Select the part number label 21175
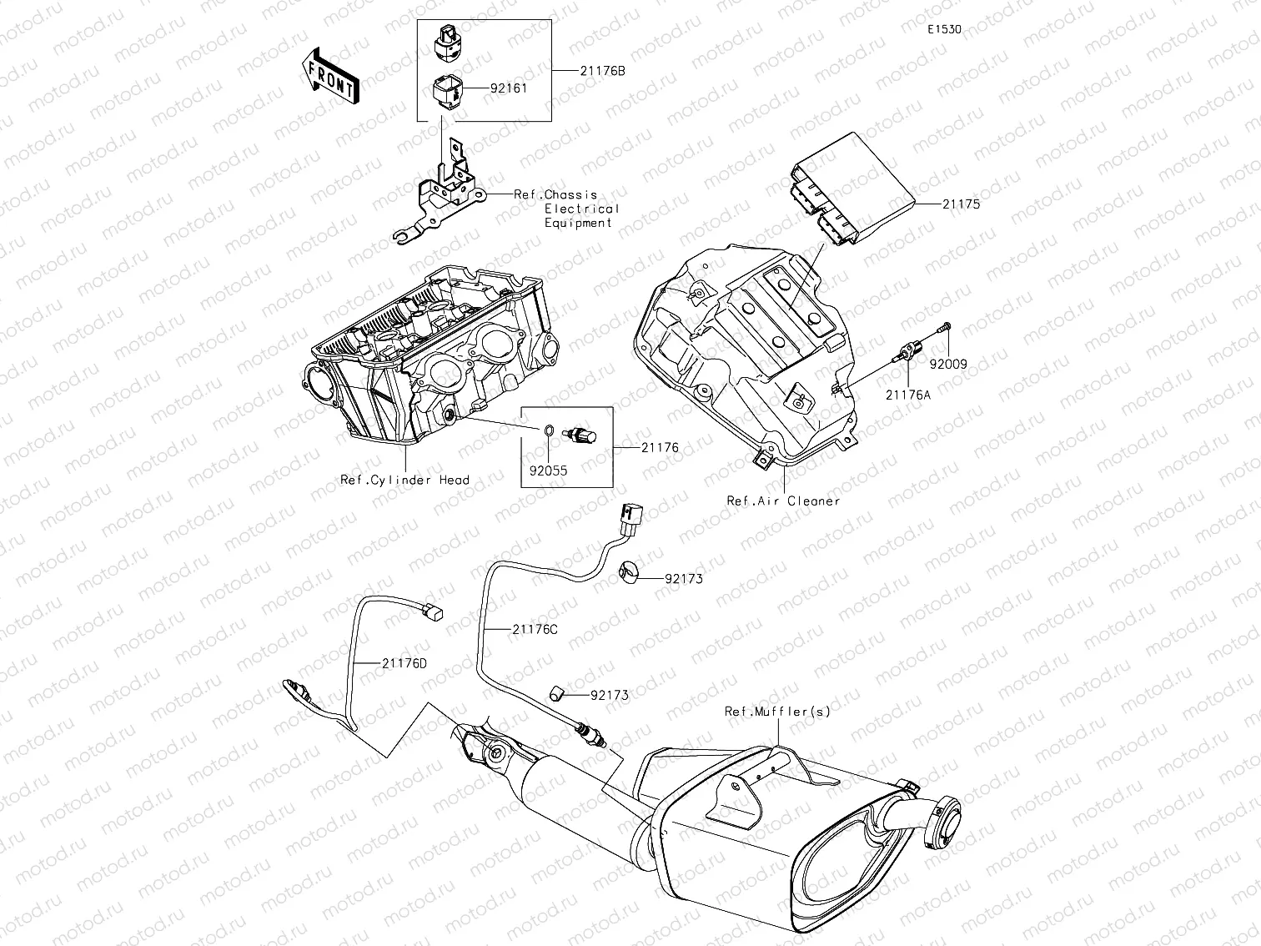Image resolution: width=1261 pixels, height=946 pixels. (x=961, y=204)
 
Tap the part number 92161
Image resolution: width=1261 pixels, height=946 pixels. (x=508, y=87)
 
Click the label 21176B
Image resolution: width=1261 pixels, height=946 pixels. (x=602, y=71)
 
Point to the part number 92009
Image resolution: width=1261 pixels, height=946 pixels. (x=948, y=364)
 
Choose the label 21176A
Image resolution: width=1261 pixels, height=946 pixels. (x=907, y=395)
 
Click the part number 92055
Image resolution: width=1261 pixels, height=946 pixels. (x=547, y=470)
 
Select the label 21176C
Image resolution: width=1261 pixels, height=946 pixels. (x=535, y=630)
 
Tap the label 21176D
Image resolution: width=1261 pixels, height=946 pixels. (x=404, y=663)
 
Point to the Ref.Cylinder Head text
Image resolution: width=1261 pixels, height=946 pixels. (x=404, y=481)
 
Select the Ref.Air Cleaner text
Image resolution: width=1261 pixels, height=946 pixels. (x=783, y=501)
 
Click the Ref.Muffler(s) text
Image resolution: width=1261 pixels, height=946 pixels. (x=777, y=712)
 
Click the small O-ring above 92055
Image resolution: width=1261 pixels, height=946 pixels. (x=548, y=431)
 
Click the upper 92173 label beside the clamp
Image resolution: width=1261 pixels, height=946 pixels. (x=683, y=579)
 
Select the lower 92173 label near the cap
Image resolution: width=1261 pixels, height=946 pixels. (x=610, y=695)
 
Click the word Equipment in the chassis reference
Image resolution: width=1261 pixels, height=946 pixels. (x=578, y=223)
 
